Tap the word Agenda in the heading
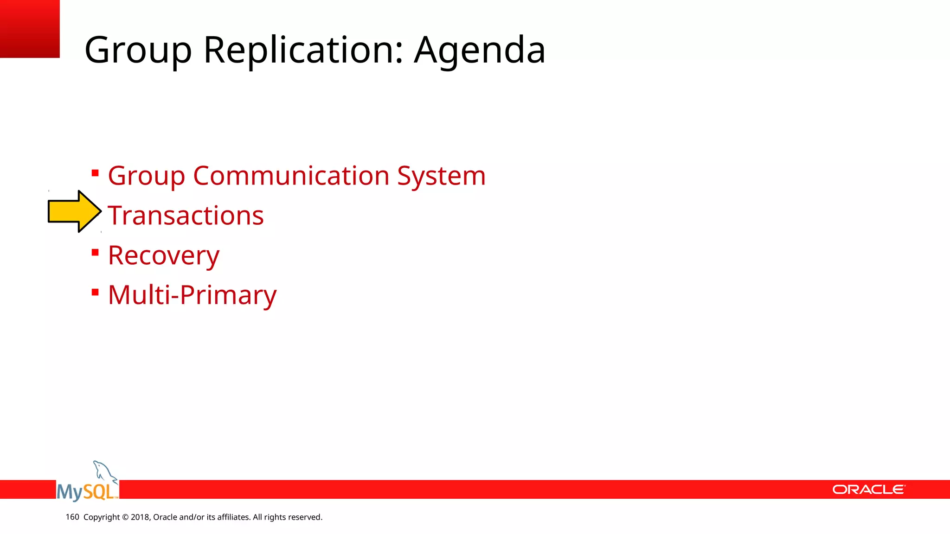pyautogui.click(x=480, y=50)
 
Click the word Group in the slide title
pyautogui.click(x=138, y=50)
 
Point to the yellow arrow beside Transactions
pyautogui.click(x=74, y=211)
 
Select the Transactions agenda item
pyautogui.click(x=186, y=216)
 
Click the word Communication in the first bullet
pyautogui.click(x=291, y=176)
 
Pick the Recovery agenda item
pyautogui.click(x=163, y=255)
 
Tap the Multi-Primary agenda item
pyautogui.click(x=192, y=295)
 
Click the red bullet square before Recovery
pyautogui.click(x=95, y=253)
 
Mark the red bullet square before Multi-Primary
pyautogui.click(x=95, y=292)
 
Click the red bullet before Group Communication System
pyautogui.click(x=95, y=173)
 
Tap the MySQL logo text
pyautogui.click(x=86, y=491)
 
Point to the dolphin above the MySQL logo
pyautogui.click(x=104, y=471)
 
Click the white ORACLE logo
pyautogui.click(x=868, y=489)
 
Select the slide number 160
pyautogui.click(x=72, y=517)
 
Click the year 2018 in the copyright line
pyautogui.click(x=140, y=517)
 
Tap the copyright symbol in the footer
pyautogui.click(x=125, y=517)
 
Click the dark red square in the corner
pyautogui.click(x=30, y=29)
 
